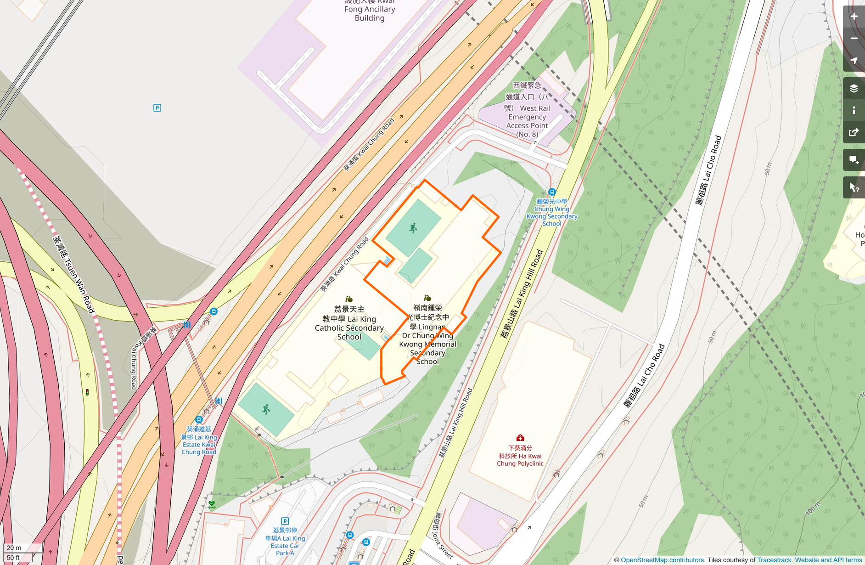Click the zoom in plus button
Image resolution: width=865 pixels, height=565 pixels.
[x=854, y=17]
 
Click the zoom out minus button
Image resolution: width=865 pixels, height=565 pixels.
[x=854, y=39]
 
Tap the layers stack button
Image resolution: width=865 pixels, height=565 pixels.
[x=854, y=88]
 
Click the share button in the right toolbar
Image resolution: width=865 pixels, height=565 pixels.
[x=854, y=133]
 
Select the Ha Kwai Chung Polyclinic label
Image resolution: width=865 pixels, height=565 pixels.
[x=520, y=456]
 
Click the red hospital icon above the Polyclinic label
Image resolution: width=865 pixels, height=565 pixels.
[x=520, y=438]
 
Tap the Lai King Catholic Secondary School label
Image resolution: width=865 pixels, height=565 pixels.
[x=349, y=323]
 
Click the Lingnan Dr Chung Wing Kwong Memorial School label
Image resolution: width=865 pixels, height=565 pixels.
[x=428, y=335]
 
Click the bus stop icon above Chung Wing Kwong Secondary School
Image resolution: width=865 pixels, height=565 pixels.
[x=552, y=192]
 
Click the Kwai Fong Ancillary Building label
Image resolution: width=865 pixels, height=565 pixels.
[x=370, y=10]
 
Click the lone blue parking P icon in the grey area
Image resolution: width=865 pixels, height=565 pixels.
[x=157, y=108]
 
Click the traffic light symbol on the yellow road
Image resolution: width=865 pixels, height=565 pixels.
[x=87, y=392]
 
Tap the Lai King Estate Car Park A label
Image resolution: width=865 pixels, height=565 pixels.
[x=285, y=542]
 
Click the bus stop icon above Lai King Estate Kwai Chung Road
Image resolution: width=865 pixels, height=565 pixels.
[x=198, y=419]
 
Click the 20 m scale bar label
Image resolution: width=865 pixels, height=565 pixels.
[x=14, y=548]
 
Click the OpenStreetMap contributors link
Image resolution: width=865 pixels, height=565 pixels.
[x=662, y=560]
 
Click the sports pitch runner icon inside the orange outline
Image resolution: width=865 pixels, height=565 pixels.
[x=413, y=228]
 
